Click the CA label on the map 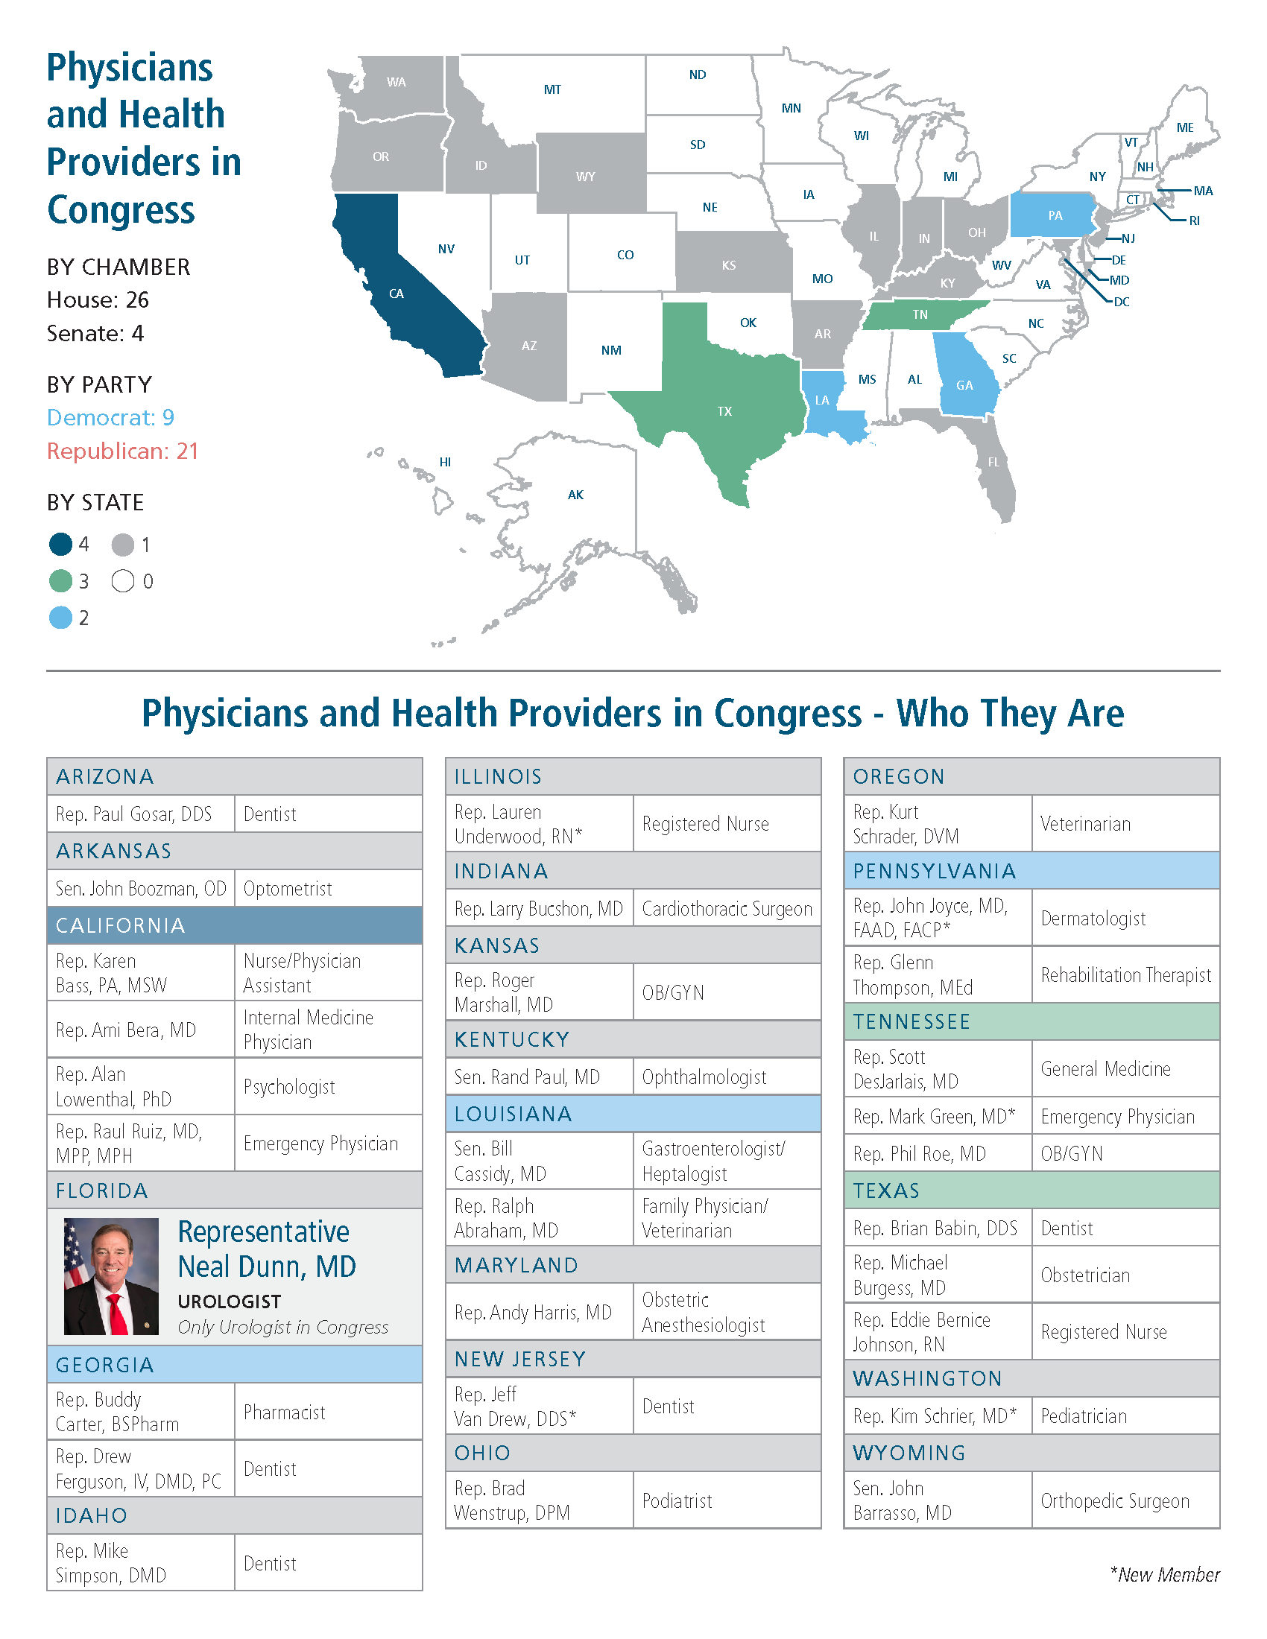(396, 294)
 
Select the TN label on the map (920, 314)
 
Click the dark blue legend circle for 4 (61, 544)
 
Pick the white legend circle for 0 (123, 581)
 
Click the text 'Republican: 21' (122, 451)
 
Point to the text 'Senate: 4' (95, 333)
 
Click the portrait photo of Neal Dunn (111, 1275)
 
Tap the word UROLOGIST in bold (230, 1302)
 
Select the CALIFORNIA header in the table (120, 925)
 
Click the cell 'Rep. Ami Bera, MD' (126, 1030)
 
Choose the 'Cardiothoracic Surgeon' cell (727, 909)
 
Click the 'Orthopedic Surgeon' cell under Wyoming (1115, 1500)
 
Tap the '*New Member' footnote (1165, 1574)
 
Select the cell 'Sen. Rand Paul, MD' (527, 1077)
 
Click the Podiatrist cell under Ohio (677, 1500)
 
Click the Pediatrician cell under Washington (1084, 1415)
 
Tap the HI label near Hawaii (445, 462)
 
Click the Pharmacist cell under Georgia (285, 1412)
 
